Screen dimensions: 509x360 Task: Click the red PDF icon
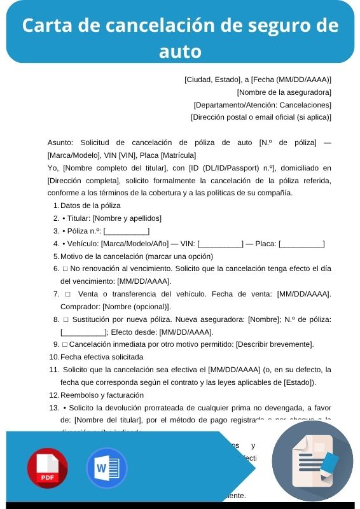[x=47, y=468]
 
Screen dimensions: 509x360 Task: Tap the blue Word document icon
[x=107, y=468]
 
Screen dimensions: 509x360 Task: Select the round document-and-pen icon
[x=312, y=461]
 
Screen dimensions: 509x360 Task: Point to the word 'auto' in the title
[x=180, y=50]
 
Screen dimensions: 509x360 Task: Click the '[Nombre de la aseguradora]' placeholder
[x=284, y=92]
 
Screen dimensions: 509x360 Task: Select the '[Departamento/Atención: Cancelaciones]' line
[x=262, y=104]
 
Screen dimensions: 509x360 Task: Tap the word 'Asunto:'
[x=61, y=143]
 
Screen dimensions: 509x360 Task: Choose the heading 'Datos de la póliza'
[x=90, y=206]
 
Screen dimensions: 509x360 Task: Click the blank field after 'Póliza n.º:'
[x=127, y=231]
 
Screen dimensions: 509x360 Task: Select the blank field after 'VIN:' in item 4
[x=220, y=244]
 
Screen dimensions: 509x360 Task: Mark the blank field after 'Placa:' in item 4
[x=301, y=244]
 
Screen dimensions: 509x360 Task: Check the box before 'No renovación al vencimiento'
[x=66, y=268]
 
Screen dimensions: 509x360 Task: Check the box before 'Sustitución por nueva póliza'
[x=66, y=319]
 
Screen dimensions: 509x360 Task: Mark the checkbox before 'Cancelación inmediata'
[x=66, y=344]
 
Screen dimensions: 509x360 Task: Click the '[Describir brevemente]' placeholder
[x=275, y=344]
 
